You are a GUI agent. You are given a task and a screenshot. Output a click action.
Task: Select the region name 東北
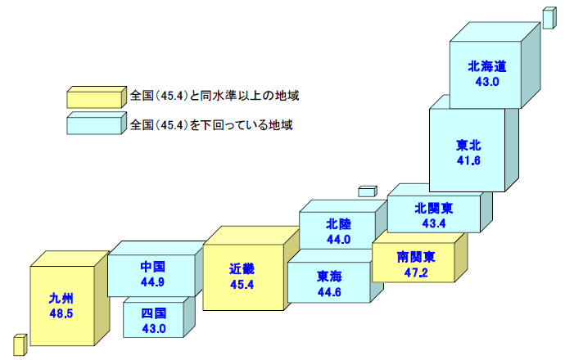tap(468, 146)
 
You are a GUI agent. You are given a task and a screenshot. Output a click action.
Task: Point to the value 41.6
tap(468, 160)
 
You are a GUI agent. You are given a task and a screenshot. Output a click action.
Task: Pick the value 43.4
tap(433, 223)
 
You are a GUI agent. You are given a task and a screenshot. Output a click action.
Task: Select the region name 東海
tap(330, 275)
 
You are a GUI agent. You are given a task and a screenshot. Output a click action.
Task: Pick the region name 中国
tap(153, 267)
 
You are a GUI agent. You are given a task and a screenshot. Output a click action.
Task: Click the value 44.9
tap(153, 281)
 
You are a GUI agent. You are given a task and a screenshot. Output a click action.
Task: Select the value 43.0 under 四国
tap(153, 329)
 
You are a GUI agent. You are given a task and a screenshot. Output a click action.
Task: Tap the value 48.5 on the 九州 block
tap(62, 313)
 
